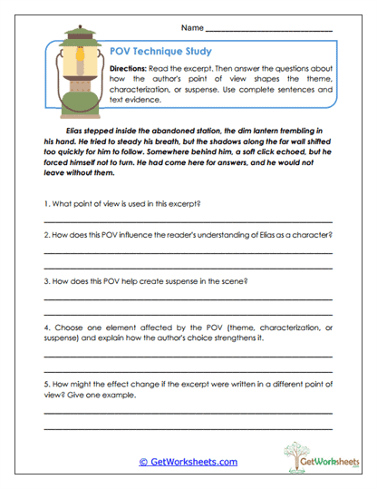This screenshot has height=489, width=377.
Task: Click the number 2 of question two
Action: (45, 235)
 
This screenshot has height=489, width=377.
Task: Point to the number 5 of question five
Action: (45, 384)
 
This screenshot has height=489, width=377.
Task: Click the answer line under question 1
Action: (188, 221)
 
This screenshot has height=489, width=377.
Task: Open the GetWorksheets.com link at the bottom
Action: (188, 461)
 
